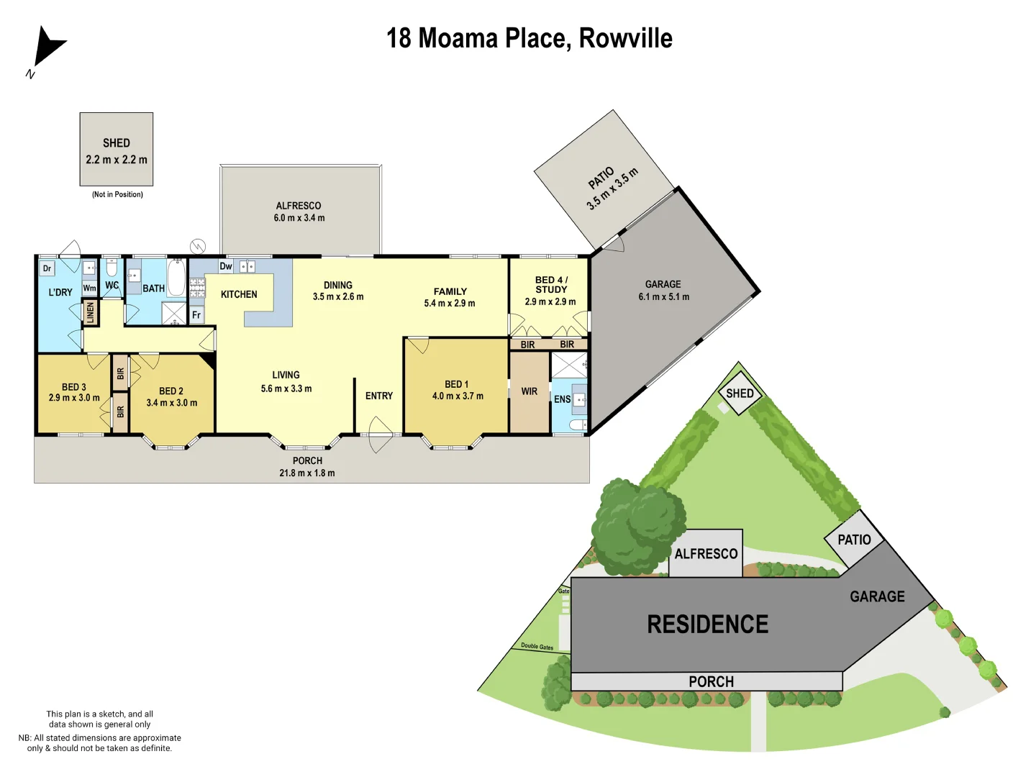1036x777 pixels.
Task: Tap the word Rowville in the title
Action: (x=625, y=38)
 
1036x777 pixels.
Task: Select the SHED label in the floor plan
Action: (x=117, y=143)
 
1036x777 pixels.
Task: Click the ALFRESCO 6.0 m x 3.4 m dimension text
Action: (x=299, y=218)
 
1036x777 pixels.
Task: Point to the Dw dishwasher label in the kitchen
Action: (x=226, y=266)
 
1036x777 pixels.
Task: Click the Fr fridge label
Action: (x=196, y=315)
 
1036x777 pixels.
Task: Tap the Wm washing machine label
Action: (x=89, y=288)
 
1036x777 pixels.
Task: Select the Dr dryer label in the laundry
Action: (x=47, y=269)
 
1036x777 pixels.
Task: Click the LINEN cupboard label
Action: (x=91, y=312)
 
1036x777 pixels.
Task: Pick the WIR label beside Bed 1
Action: (x=530, y=392)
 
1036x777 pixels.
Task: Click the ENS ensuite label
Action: (x=562, y=399)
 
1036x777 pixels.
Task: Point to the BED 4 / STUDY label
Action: (x=551, y=284)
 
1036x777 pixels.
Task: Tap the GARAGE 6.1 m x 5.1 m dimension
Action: (x=663, y=296)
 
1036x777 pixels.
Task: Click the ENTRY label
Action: (x=379, y=396)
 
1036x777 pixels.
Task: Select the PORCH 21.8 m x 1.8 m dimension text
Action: (x=307, y=473)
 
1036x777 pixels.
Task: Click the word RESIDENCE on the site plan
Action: (x=708, y=624)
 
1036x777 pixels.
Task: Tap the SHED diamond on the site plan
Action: (x=740, y=394)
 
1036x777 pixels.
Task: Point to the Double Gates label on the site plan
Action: (x=537, y=646)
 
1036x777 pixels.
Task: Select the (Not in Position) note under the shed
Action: (x=117, y=194)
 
